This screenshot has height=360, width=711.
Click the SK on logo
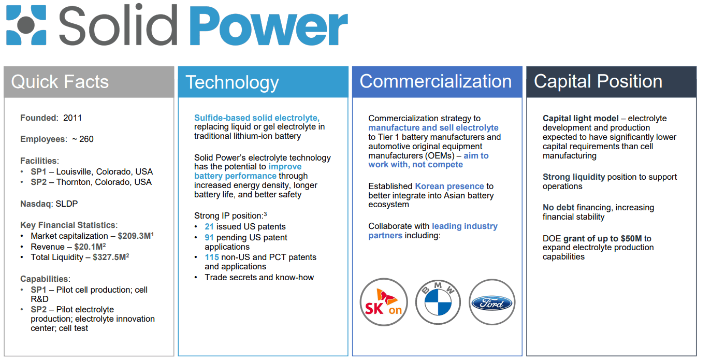pyautogui.click(x=384, y=303)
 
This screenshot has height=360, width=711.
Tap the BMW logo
pyautogui.click(x=439, y=303)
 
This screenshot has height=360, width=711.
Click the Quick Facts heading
pyautogui.click(x=60, y=82)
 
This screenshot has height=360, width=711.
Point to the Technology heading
pyautogui.click(x=232, y=82)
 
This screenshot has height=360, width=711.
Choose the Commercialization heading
pyautogui.click(x=436, y=81)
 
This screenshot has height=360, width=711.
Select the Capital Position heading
pyautogui.click(x=598, y=81)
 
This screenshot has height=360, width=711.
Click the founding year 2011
pyautogui.click(x=72, y=118)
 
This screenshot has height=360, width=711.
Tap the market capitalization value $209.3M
pyautogui.click(x=134, y=236)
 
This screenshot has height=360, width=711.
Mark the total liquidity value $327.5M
pyautogui.click(x=109, y=257)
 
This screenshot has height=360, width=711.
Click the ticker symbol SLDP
pyautogui.click(x=67, y=204)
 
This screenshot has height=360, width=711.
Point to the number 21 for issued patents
pyautogui.click(x=209, y=226)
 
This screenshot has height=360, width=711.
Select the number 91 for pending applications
pyautogui.click(x=209, y=237)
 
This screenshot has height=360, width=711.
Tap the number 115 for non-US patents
pyautogui.click(x=212, y=257)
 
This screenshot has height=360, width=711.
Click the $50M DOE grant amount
pyautogui.click(x=630, y=238)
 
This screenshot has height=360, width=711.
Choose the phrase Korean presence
pyautogui.click(x=449, y=186)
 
